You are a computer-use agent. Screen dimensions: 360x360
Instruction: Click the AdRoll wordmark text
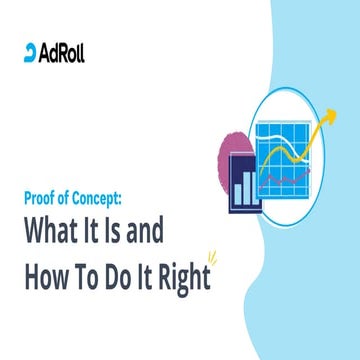[x=62, y=52]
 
